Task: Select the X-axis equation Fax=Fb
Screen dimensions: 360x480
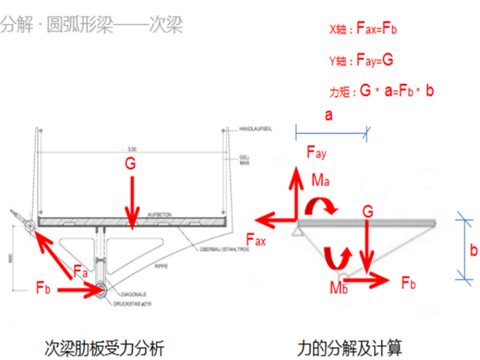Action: pyautogui.click(x=363, y=29)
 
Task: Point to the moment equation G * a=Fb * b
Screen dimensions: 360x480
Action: pyautogui.click(x=381, y=91)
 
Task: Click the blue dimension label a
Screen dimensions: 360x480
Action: pyautogui.click(x=328, y=115)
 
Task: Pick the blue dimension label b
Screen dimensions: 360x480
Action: pyautogui.click(x=473, y=250)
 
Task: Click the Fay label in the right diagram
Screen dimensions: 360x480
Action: pyautogui.click(x=316, y=152)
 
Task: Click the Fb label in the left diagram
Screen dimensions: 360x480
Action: pyautogui.click(x=43, y=289)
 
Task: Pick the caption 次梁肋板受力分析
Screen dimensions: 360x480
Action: pyautogui.click(x=104, y=346)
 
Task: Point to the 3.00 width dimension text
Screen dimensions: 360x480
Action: pyautogui.click(x=131, y=149)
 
